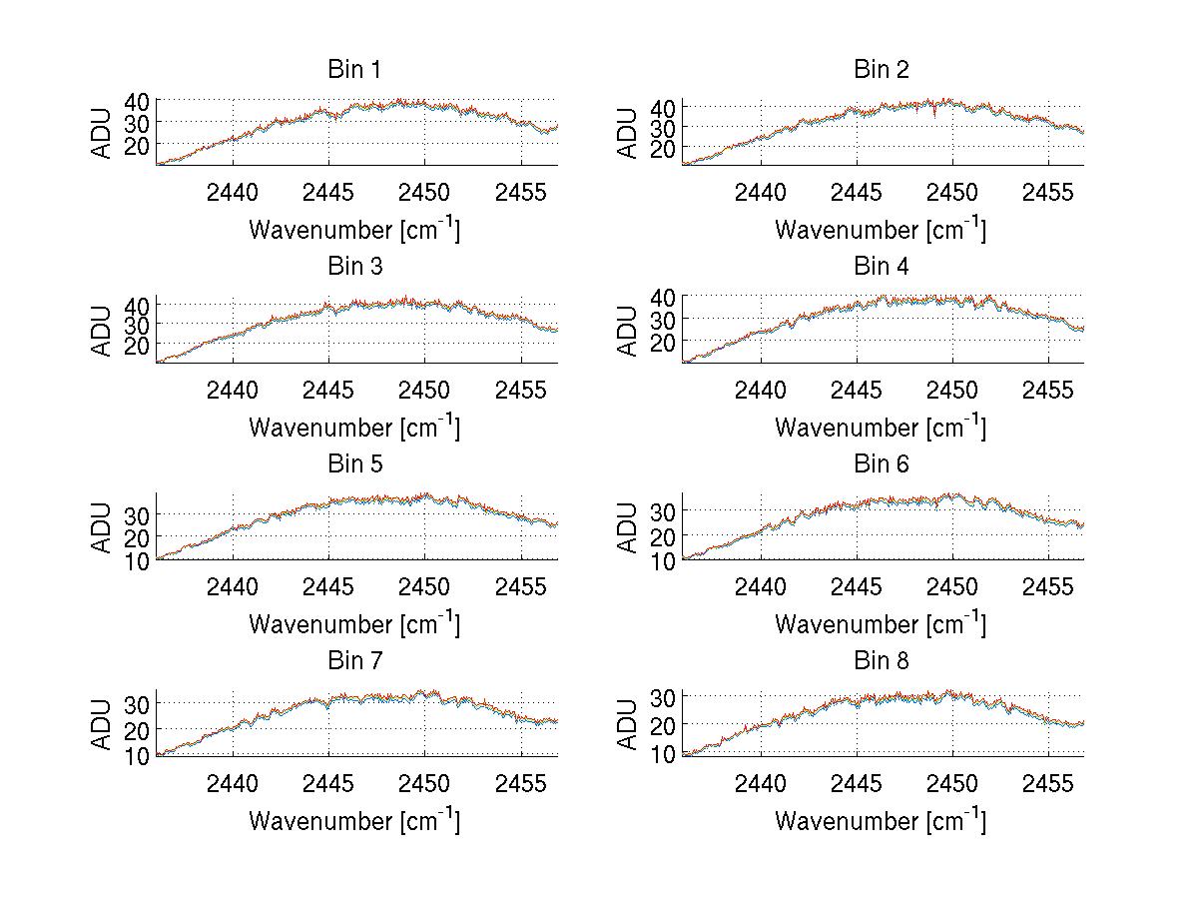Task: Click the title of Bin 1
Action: tap(353, 69)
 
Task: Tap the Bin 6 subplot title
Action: tap(881, 463)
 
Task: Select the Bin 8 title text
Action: tap(881, 660)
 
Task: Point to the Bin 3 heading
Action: tap(353, 267)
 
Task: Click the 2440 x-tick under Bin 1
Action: tap(233, 192)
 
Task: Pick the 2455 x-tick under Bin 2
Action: tap(1047, 192)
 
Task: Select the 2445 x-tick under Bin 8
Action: tap(856, 783)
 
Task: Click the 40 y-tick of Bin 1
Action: tap(137, 101)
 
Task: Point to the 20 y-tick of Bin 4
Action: tap(663, 342)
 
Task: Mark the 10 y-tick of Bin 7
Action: tap(137, 756)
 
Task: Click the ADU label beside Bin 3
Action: tap(102, 331)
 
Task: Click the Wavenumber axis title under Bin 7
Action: tap(353, 820)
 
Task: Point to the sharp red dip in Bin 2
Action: tap(933, 115)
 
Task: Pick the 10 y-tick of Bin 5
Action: tap(137, 560)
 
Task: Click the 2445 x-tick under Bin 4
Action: tap(856, 390)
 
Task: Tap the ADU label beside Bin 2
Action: tap(628, 133)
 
